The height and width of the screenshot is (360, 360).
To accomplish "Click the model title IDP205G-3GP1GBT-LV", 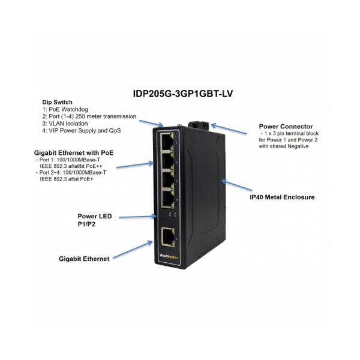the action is [183, 94].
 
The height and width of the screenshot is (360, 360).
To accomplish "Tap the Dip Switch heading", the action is [57, 102].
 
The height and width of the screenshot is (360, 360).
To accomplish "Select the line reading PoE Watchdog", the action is [65, 109].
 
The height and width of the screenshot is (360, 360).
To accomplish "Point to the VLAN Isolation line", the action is [65, 124].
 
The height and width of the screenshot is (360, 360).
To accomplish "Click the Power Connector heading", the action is [286, 127].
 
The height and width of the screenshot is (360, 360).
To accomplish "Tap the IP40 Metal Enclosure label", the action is [282, 197].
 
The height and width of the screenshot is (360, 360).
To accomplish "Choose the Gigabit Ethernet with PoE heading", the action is [74, 153].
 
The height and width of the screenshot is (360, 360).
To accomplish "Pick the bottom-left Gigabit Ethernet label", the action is [84, 259].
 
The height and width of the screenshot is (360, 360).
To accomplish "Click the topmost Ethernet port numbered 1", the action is [167, 142].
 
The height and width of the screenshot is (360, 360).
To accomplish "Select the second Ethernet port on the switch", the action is [167, 161].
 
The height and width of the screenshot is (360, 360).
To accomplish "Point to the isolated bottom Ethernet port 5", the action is [168, 236].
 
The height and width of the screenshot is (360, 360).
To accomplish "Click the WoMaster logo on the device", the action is [169, 257].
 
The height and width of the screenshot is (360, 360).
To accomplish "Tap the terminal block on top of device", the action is [199, 126].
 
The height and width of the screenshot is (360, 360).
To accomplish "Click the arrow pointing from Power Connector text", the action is [229, 129].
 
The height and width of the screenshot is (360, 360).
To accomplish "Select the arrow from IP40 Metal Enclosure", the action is [236, 185].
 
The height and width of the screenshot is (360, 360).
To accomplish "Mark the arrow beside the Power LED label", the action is [138, 217].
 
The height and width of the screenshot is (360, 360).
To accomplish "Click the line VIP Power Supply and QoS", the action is [82, 131].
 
